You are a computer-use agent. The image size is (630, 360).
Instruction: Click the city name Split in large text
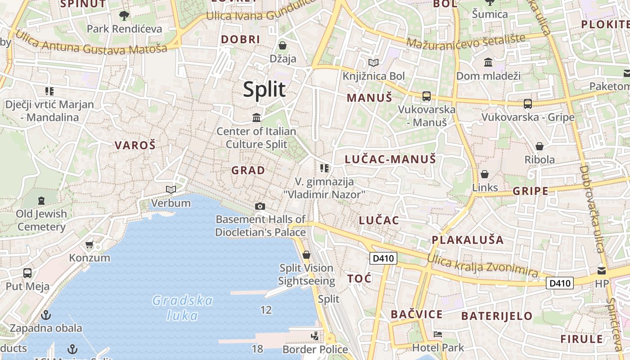click(264, 89)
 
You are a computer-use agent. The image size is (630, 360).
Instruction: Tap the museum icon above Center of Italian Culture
click(256, 118)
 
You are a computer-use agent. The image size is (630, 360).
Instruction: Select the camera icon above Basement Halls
click(260, 206)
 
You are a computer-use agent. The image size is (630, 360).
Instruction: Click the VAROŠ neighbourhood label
click(135, 145)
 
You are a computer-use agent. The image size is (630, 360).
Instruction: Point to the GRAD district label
click(248, 171)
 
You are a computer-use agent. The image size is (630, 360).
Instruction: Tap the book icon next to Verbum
click(171, 189)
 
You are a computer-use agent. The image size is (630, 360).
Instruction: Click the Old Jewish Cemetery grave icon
click(41, 200)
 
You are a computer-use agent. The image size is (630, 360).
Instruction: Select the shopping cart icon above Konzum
click(89, 244)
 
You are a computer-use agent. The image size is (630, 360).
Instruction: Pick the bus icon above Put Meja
click(27, 273)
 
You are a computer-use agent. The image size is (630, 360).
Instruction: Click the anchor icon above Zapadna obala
click(45, 315)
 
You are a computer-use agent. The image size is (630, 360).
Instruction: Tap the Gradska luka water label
click(182, 308)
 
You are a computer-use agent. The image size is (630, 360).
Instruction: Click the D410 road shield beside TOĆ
click(383, 258)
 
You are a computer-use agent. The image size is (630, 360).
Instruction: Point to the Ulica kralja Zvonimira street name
click(482, 265)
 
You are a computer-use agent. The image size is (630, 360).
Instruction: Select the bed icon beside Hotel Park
click(437, 334)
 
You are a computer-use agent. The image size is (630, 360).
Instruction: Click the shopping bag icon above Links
click(485, 174)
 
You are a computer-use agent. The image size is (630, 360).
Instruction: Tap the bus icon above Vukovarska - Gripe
click(528, 104)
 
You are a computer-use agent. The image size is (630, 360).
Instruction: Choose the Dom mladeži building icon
click(488, 62)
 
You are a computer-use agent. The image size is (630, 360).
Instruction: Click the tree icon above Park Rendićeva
click(124, 16)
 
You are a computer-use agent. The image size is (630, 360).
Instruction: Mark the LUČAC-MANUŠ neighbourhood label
click(390, 159)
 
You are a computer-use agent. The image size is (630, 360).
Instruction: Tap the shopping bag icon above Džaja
click(283, 45)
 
